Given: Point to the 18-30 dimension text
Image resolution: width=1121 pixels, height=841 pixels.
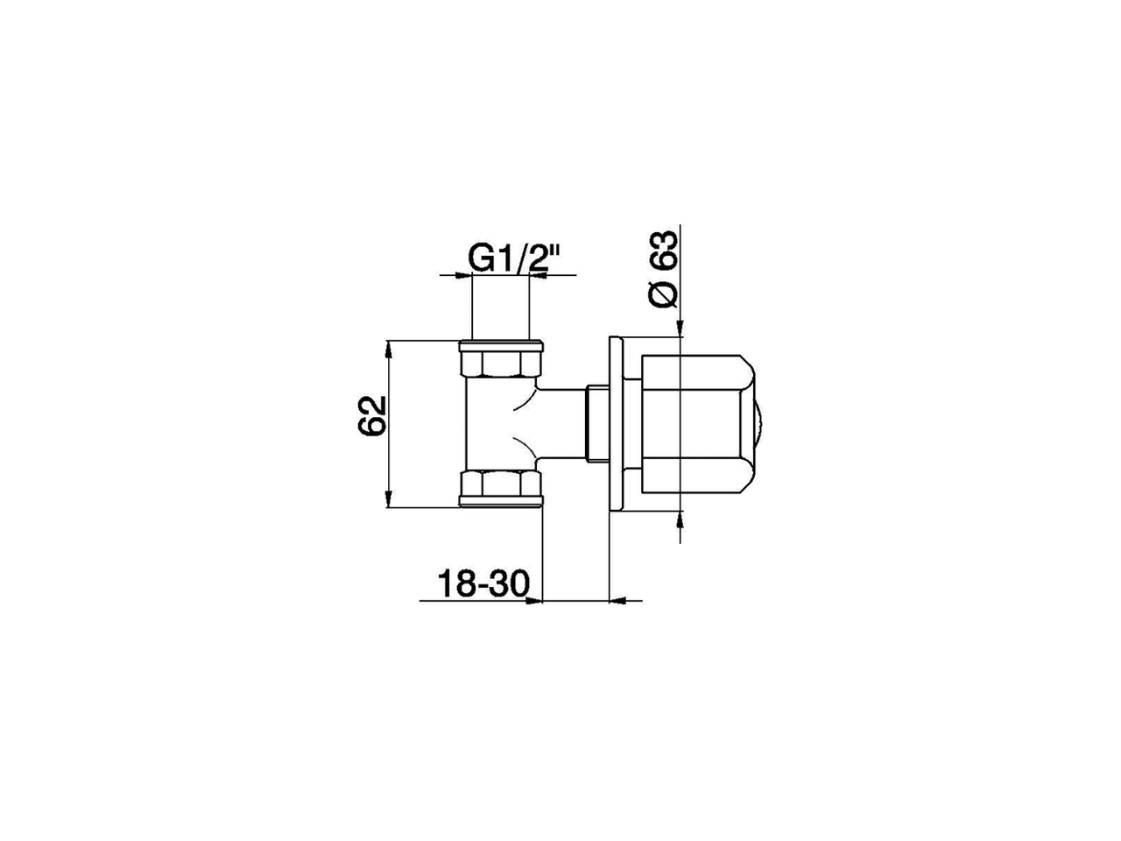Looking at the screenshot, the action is point(483,583).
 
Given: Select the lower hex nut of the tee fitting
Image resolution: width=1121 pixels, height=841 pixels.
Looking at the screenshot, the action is point(500,488).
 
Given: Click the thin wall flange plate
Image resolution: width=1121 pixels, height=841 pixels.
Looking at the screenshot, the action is point(616,423).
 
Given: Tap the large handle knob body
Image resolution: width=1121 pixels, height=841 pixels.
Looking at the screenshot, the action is point(698,424).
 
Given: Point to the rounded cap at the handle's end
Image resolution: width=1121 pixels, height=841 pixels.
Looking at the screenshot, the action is point(758,424).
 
